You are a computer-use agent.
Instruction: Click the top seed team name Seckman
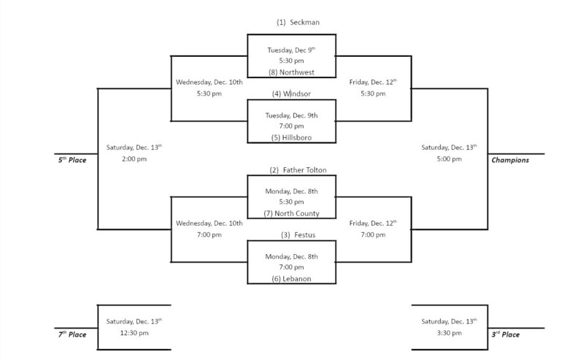click(x=297, y=22)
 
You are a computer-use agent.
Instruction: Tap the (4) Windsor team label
click(x=292, y=93)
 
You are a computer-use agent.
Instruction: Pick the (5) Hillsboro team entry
click(x=292, y=137)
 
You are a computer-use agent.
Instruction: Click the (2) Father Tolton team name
click(x=297, y=170)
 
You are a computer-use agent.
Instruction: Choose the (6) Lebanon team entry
click(x=292, y=278)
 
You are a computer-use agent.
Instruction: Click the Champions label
click(x=510, y=160)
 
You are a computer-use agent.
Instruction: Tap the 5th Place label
click(x=73, y=159)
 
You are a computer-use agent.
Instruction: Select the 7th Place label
click(x=73, y=334)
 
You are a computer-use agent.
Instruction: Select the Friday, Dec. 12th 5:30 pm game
click(x=373, y=88)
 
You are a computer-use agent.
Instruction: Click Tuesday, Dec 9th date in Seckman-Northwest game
click(x=291, y=50)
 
